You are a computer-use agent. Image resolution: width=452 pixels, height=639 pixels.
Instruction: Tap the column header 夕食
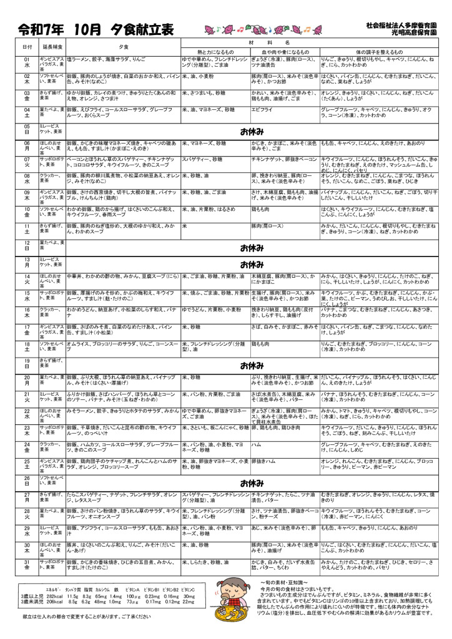[123, 47]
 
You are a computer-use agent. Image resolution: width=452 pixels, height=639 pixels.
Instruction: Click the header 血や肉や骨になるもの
[280, 51]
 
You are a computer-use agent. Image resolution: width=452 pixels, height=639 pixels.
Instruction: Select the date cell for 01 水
[27, 62]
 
